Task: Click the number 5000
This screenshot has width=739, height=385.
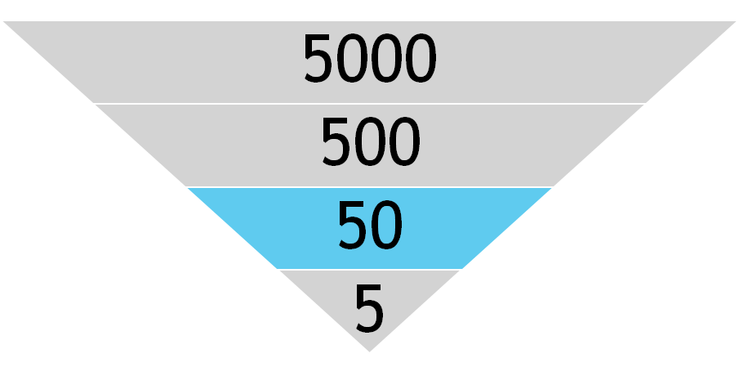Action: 370,58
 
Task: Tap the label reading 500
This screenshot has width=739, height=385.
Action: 371,141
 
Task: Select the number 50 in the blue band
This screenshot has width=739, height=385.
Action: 370,225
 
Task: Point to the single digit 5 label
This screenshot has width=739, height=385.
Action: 369,308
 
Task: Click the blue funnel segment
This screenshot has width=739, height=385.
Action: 369,228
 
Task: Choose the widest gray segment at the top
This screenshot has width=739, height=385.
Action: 369,62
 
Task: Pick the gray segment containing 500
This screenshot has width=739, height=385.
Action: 369,145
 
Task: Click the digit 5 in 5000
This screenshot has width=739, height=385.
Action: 318,59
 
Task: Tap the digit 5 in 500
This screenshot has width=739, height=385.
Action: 336,142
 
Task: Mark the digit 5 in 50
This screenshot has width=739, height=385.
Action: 353,226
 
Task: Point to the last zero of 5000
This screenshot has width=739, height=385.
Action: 421,58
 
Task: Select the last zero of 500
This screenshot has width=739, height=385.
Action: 404,141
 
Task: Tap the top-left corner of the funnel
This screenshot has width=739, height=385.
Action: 2,21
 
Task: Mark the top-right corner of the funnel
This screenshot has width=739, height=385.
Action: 737,21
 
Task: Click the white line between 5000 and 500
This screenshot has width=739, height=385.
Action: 369,103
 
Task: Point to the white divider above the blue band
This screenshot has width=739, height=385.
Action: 369,187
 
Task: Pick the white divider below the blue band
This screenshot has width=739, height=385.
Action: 369,270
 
